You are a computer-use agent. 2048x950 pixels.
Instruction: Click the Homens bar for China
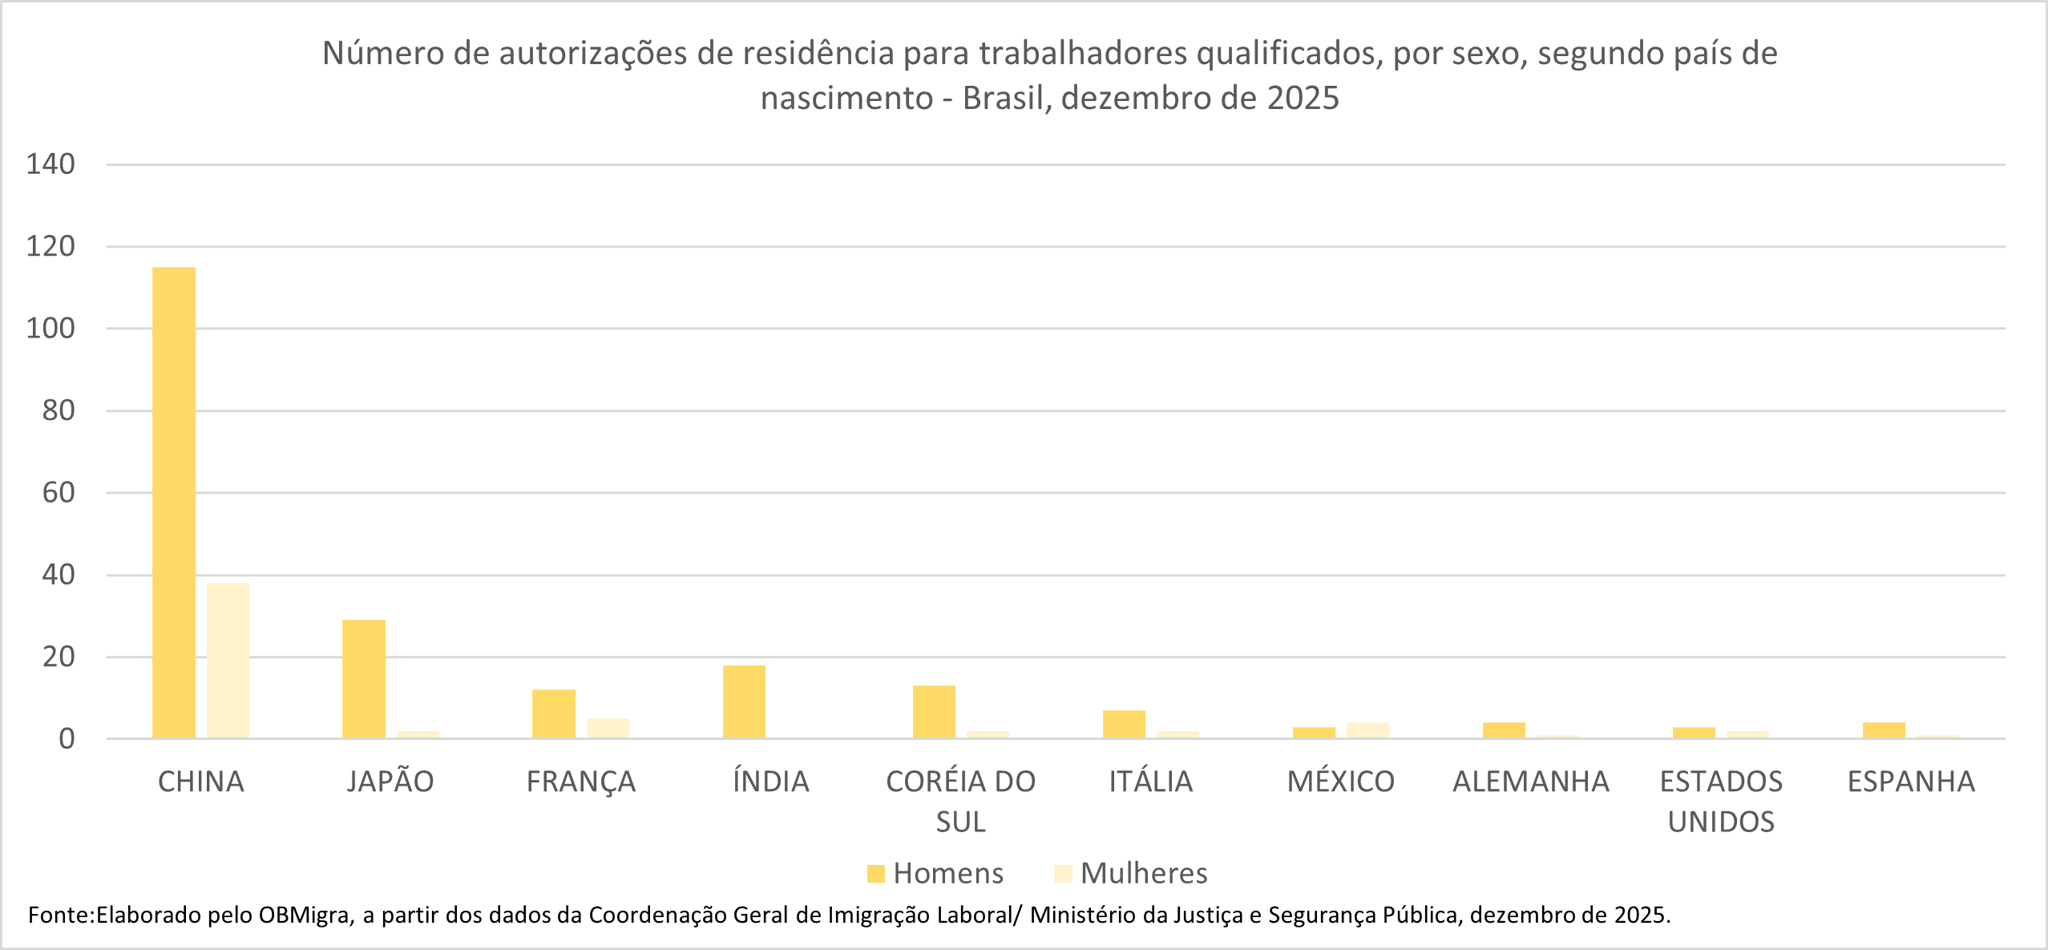coord(173,502)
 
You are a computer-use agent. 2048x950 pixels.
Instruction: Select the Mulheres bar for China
coord(228,660)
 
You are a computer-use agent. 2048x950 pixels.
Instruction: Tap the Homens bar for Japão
coord(363,678)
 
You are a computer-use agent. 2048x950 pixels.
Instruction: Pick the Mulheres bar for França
coord(608,728)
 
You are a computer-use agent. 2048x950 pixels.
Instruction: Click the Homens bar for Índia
coord(744,701)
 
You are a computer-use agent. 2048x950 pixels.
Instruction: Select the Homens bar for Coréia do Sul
coord(934,711)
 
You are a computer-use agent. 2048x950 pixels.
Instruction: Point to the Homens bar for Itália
coord(1124,724)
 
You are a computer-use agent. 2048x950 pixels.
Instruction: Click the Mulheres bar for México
coord(1367,730)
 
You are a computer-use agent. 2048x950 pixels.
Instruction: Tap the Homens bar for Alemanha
coord(1504,730)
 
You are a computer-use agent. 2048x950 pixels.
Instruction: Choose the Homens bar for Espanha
coord(1884,730)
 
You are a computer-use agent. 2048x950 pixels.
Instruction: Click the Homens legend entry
coord(935,873)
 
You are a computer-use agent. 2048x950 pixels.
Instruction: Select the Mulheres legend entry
coord(1131,873)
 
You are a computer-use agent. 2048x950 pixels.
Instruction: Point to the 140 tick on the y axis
coord(50,164)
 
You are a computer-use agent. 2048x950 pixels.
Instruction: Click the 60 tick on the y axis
coord(58,492)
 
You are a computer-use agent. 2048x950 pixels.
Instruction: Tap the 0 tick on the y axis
coord(67,738)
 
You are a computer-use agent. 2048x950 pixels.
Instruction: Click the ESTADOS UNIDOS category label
coord(1721,801)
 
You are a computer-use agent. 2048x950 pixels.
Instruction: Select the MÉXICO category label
coord(1340,782)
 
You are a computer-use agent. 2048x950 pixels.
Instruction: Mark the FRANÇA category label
coord(580,782)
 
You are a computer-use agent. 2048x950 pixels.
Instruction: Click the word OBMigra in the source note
coord(304,915)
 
